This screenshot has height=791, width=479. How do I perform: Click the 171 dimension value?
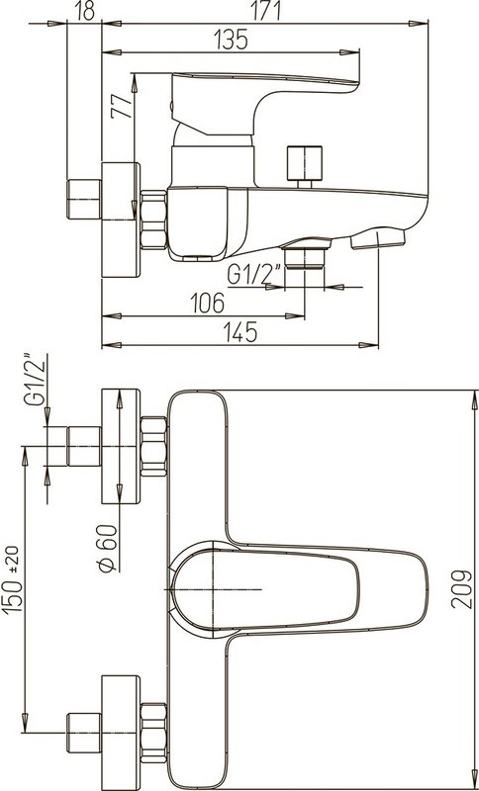coord(266,11)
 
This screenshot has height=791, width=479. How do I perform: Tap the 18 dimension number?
coord(84,11)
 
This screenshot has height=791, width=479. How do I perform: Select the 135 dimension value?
coord(231,40)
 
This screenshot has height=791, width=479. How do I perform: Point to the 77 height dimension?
coord(122,106)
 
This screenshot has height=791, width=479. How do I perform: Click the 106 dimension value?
coord(208,304)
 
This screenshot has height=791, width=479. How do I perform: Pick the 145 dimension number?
coord(239,332)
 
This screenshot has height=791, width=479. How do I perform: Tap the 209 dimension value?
coord(461,588)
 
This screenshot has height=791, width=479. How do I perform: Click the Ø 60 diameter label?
coord(108,549)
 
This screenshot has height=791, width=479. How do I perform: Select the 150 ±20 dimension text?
coord(12,578)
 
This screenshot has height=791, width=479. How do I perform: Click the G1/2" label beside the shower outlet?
coord(254,275)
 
